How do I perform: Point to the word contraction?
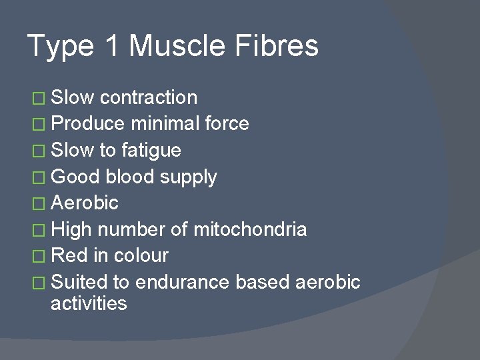click(149, 97)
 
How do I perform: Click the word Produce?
click(88, 123)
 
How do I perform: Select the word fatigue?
click(151, 150)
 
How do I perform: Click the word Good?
click(75, 177)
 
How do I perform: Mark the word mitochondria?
click(250, 229)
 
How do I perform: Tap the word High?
click(72, 229)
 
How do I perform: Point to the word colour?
click(141, 255)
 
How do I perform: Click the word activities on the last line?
click(89, 304)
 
